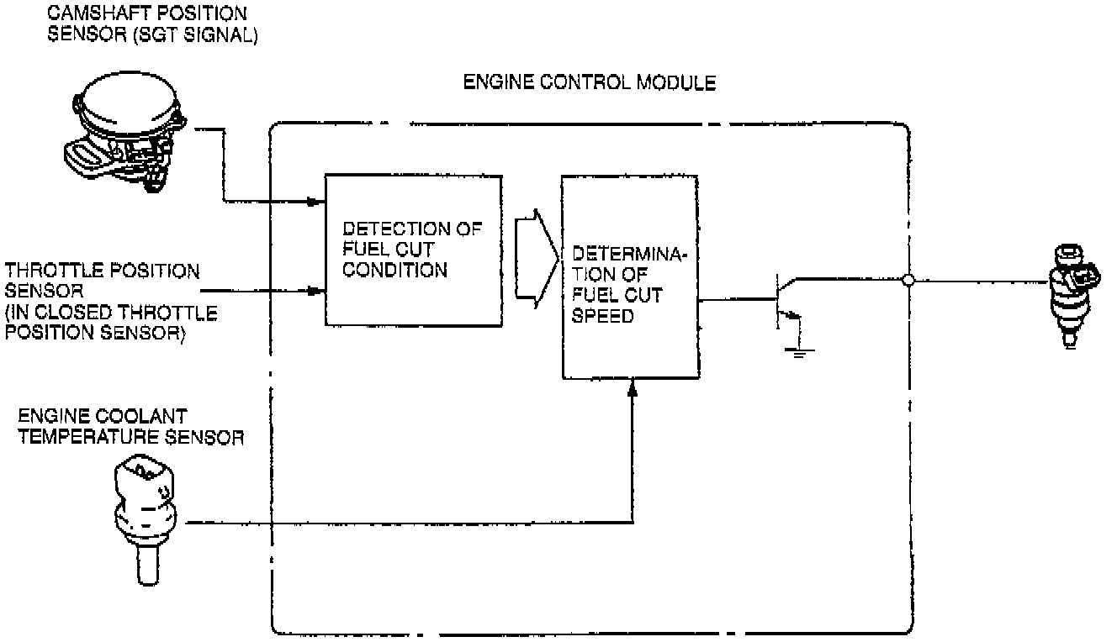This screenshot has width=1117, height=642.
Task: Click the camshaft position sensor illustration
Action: coord(126,134)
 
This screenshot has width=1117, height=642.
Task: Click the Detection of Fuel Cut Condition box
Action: coord(414,250)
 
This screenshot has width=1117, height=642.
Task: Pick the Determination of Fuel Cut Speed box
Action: coord(630,278)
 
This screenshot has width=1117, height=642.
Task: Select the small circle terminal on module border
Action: coord(908,281)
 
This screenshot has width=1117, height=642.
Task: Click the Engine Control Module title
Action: coord(589,82)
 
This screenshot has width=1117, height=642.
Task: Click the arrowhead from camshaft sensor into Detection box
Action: coord(316,202)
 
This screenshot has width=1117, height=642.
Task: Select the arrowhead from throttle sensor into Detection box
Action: coord(316,292)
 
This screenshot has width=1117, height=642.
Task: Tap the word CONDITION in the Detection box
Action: coord(394,271)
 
